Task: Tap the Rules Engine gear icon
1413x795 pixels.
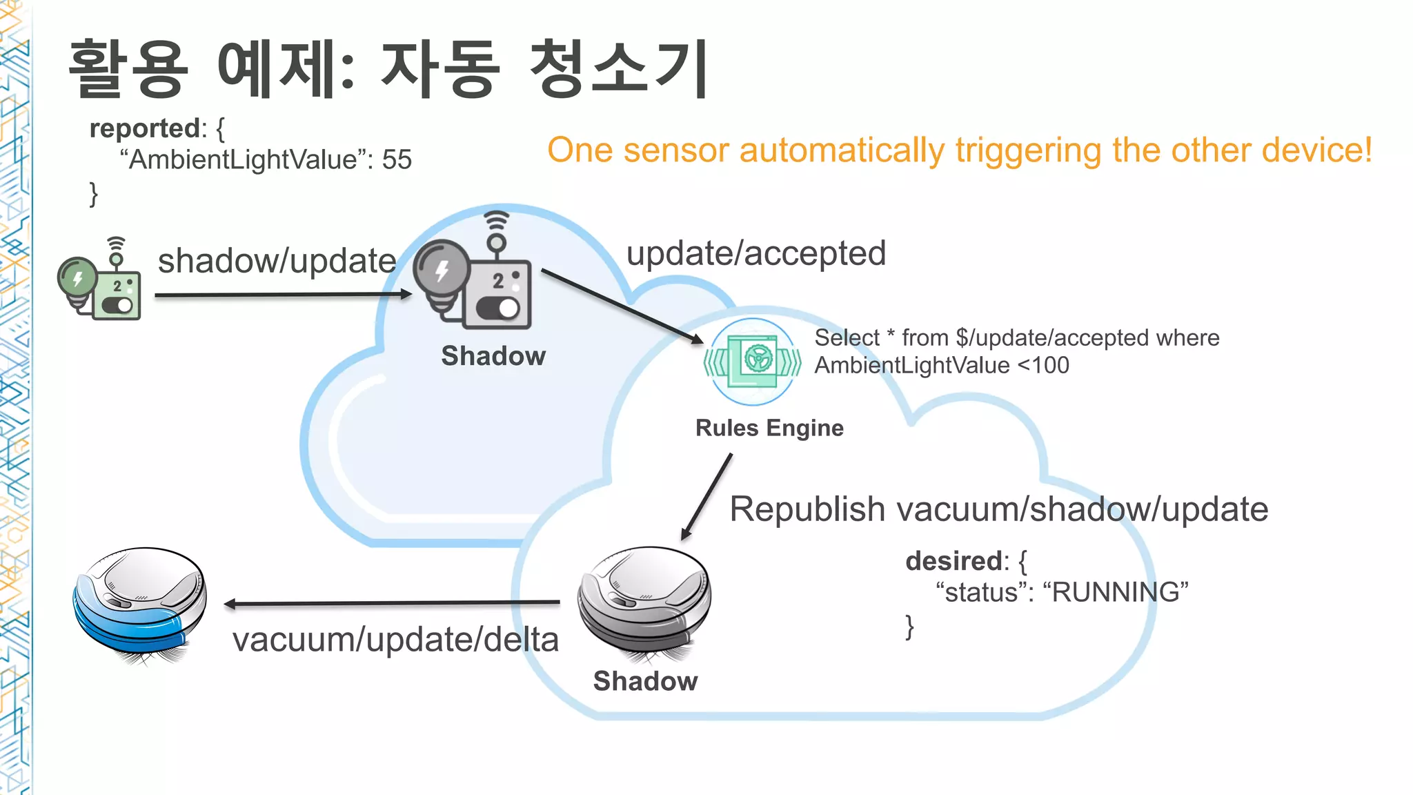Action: point(753,360)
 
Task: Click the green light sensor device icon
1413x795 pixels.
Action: point(100,283)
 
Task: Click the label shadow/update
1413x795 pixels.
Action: point(277,261)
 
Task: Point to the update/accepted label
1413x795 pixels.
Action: point(755,253)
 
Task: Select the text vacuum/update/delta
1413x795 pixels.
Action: point(395,640)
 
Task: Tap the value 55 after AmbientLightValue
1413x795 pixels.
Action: point(397,160)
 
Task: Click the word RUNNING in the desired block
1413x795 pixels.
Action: point(1115,592)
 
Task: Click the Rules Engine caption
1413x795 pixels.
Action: point(769,428)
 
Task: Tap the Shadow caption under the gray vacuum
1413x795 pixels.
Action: point(645,681)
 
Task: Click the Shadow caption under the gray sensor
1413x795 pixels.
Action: point(493,356)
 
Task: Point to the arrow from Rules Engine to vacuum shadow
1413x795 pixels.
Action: point(706,496)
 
